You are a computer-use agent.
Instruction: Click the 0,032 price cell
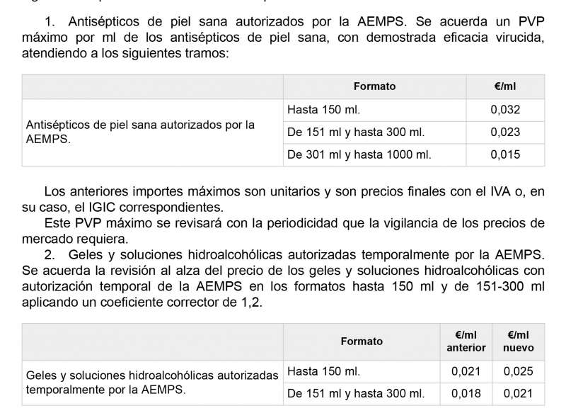click(505, 110)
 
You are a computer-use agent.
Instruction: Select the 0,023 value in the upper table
click(505, 132)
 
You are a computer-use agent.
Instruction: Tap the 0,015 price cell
click(505, 154)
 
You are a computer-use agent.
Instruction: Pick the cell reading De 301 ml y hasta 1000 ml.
click(359, 154)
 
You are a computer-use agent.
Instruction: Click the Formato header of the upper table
click(374, 86)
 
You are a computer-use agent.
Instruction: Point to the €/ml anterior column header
click(466, 341)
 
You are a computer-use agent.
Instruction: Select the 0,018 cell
click(466, 393)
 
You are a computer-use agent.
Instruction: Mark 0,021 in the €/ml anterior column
click(466, 371)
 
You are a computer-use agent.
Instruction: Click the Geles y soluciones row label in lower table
click(151, 382)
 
